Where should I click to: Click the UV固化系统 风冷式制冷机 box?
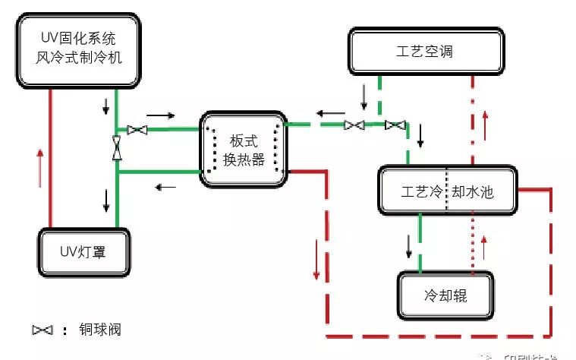79,49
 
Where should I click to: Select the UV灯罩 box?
83,250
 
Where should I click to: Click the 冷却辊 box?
445,294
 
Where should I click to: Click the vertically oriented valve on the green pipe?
117,147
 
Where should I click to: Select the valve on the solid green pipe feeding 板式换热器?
137,130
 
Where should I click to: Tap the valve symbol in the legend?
42,330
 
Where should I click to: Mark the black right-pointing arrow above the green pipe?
160,115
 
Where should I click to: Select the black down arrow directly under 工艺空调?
365,95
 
